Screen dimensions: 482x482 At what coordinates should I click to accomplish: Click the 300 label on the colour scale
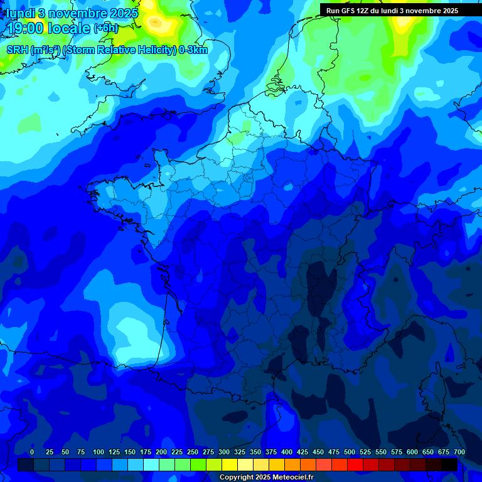[x=224, y=452]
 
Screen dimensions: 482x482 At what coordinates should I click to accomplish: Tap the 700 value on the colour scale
[x=459, y=452]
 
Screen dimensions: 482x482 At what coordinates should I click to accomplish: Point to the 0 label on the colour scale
[x=32, y=452]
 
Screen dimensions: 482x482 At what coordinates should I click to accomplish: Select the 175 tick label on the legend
[x=146, y=452]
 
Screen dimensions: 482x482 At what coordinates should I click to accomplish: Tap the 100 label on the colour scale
[x=99, y=452]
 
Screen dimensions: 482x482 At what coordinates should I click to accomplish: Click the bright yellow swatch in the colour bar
[x=230, y=464]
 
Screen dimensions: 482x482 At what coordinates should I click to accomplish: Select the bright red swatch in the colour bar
[x=355, y=464]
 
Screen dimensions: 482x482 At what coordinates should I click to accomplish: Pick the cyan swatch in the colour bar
[x=151, y=464]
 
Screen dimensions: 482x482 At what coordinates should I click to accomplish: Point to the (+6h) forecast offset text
[x=105, y=28]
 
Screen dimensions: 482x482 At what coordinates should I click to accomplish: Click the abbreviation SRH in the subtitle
[x=17, y=50]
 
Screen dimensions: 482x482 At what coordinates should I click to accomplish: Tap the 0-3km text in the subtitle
[x=193, y=50]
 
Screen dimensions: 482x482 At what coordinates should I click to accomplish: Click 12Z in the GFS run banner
[x=364, y=11]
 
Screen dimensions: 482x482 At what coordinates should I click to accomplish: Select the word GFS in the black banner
[x=348, y=11]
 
